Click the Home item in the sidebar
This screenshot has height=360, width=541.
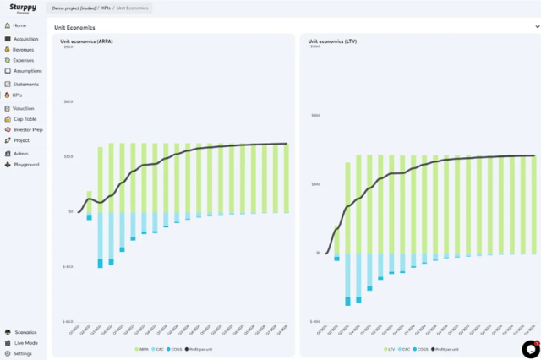coord(19,25)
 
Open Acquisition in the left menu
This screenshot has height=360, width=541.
coord(25,39)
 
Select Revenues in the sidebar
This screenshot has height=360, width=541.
coord(23,50)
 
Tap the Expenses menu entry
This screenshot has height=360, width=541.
coord(23,60)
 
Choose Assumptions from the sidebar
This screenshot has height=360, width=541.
coord(27,71)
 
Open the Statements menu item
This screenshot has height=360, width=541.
coord(25,85)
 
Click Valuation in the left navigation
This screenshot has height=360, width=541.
coord(24,108)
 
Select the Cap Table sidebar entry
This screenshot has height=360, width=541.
coord(25,119)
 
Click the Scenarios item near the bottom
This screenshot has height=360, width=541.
coord(25,332)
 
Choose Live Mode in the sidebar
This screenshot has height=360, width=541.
coord(25,342)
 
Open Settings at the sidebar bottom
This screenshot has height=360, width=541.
coord(22,353)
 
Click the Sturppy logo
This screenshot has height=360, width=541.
coord(23,8)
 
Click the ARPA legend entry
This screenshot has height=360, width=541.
coord(143,349)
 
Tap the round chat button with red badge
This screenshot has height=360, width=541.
coord(530,349)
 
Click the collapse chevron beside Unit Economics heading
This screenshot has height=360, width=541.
coord(527,27)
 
